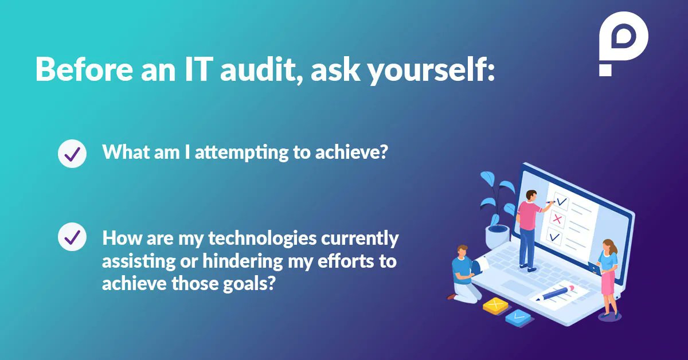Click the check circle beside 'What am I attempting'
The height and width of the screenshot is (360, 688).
(72, 154)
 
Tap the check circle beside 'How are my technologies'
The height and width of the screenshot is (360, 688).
(72, 237)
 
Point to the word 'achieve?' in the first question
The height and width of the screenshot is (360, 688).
(362, 152)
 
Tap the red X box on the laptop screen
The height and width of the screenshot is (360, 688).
(556, 219)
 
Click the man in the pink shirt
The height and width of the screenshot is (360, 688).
(529, 226)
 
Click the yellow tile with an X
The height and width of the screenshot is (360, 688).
(497, 306)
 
